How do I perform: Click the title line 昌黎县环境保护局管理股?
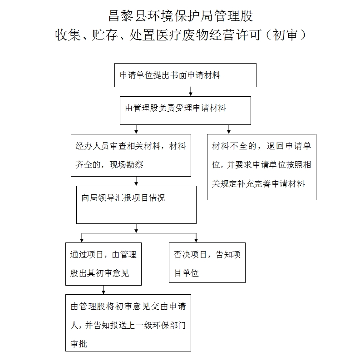click(181, 16)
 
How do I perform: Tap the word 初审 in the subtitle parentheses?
click(286, 35)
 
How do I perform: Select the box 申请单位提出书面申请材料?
click(185, 75)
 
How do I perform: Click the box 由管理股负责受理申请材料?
click(185, 110)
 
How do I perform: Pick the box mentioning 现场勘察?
click(131, 155)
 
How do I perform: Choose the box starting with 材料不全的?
click(261, 167)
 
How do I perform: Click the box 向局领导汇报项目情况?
click(136, 205)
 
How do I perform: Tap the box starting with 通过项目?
click(104, 264)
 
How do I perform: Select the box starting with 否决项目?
click(207, 262)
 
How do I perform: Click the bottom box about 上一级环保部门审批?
click(128, 322)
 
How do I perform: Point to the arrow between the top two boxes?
click(191, 91)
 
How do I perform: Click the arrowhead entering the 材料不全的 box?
click(228, 132)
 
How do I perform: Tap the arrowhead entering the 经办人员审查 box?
click(136, 132)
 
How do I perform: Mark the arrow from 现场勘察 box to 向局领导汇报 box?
click(136, 181)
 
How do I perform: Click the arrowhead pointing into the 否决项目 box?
click(196, 240)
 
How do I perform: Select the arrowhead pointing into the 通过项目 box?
click(82, 240)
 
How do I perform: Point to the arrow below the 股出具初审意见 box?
click(104, 290)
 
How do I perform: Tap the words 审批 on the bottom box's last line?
click(79, 344)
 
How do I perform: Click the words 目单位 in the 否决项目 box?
click(187, 273)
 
